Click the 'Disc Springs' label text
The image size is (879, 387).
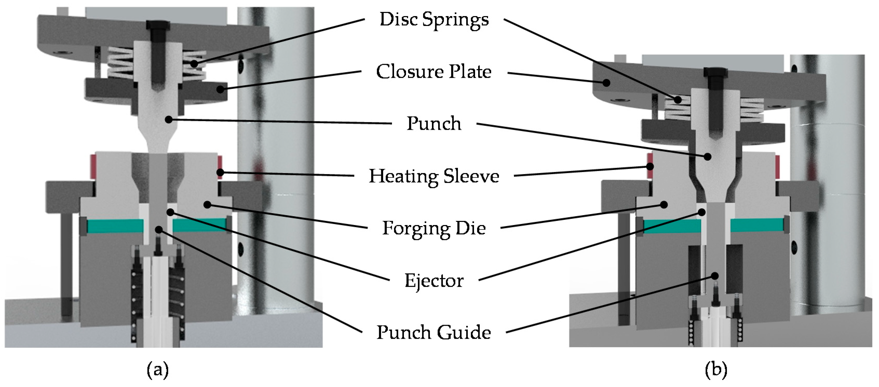(434, 19)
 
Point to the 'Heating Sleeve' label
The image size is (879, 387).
(434, 176)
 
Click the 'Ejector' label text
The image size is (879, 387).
(434, 281)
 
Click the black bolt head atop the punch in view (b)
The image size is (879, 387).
(715, 72)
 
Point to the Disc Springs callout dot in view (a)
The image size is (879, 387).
(194, 64)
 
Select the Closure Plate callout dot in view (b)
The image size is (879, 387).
(606, 83)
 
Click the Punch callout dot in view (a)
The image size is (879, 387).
(168, 119)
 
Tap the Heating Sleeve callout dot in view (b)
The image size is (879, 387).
(650, 167)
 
